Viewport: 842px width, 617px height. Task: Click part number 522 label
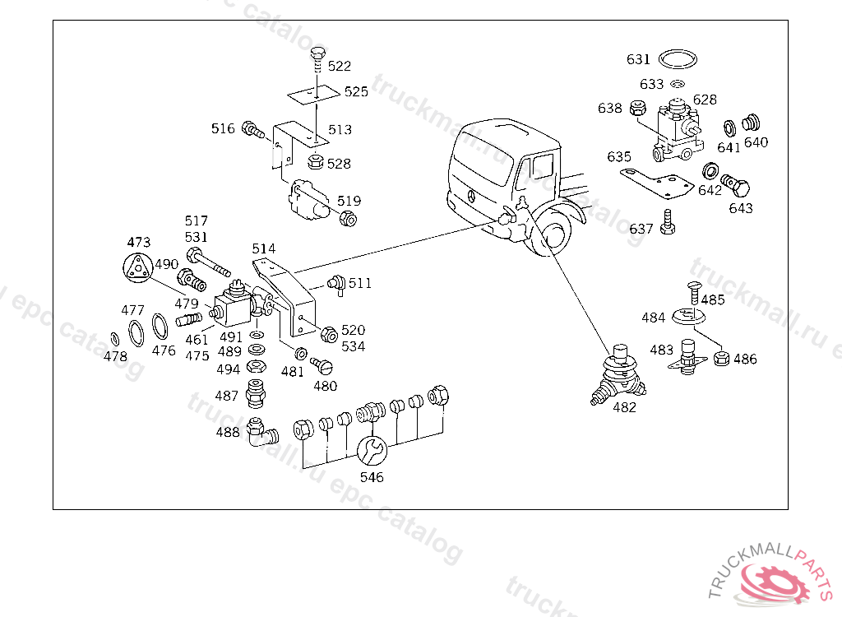339,66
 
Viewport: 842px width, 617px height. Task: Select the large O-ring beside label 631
678,59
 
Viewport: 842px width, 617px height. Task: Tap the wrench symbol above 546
372,450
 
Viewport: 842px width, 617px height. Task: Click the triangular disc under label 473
137,267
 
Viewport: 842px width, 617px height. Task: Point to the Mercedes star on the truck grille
471,196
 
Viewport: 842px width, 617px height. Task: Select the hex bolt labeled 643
736,185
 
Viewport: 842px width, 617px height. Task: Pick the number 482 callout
625,407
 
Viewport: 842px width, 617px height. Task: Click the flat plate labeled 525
313,95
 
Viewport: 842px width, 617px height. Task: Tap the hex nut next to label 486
722,358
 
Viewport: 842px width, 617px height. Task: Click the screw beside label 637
668,222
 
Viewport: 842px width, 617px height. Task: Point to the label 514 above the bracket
264,248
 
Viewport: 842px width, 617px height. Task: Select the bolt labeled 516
253,129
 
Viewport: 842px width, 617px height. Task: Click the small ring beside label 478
114,339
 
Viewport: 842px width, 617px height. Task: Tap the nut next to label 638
637,108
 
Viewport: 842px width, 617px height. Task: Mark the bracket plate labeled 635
656,183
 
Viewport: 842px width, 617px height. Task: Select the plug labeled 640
752,123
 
